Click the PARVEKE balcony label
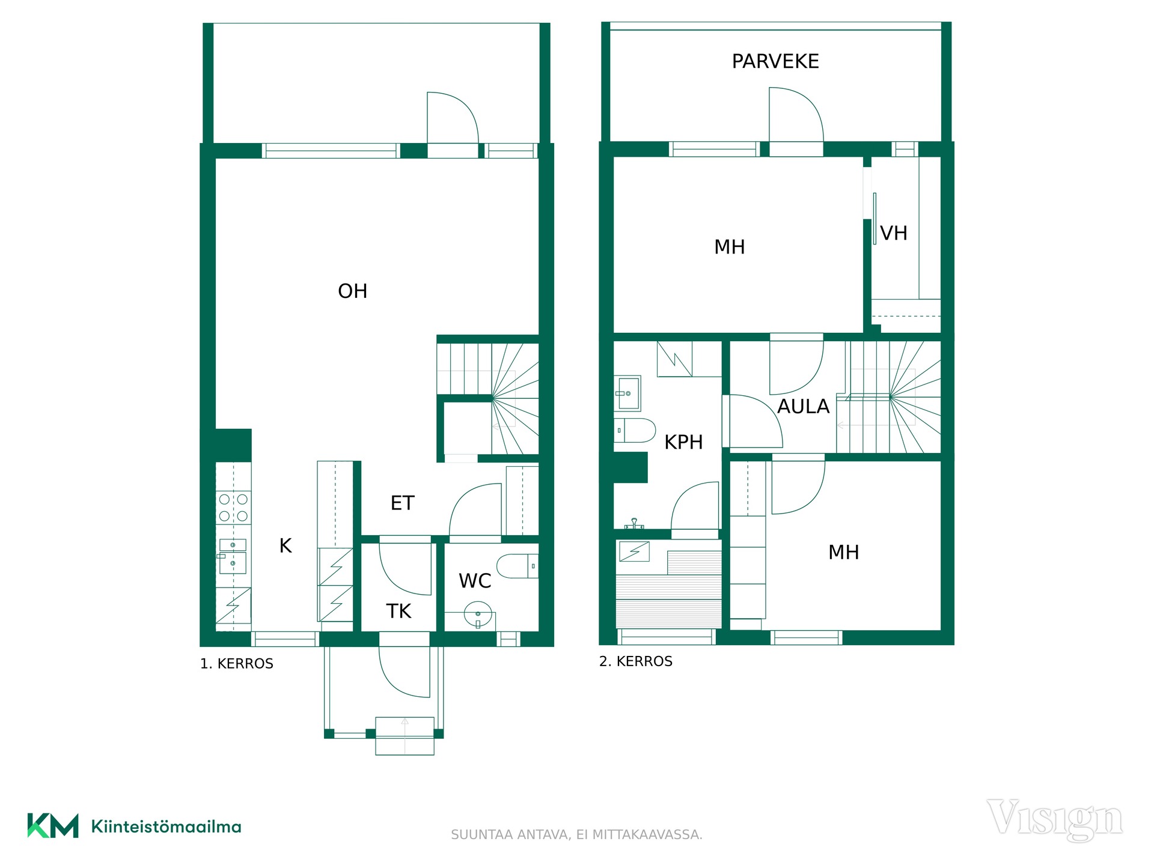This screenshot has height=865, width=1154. (775, 61)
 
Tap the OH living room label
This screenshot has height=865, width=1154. (353, 291)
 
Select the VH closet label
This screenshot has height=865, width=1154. (894, 233)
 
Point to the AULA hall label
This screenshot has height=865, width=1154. (803, 407)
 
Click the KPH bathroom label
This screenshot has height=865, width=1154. (683, 442)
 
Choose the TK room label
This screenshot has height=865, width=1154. (398, 612)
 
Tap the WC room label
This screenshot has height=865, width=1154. (475, 581)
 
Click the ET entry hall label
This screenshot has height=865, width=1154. (403, 503)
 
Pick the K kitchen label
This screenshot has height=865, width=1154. (285, 545)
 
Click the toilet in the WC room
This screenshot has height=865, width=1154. (517, 566)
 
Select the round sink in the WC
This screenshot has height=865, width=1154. (478, 615)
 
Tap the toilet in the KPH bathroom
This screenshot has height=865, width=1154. (635, 430)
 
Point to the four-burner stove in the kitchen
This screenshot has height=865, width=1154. (234, 508)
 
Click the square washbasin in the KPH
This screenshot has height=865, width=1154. (627, 393)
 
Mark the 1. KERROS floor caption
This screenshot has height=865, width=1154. (237, 664)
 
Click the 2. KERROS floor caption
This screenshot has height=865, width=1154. (636, 661)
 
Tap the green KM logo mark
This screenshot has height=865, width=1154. (53, 825)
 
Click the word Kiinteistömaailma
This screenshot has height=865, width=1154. (166, 827)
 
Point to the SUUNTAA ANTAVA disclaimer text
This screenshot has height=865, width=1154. (576, 834)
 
